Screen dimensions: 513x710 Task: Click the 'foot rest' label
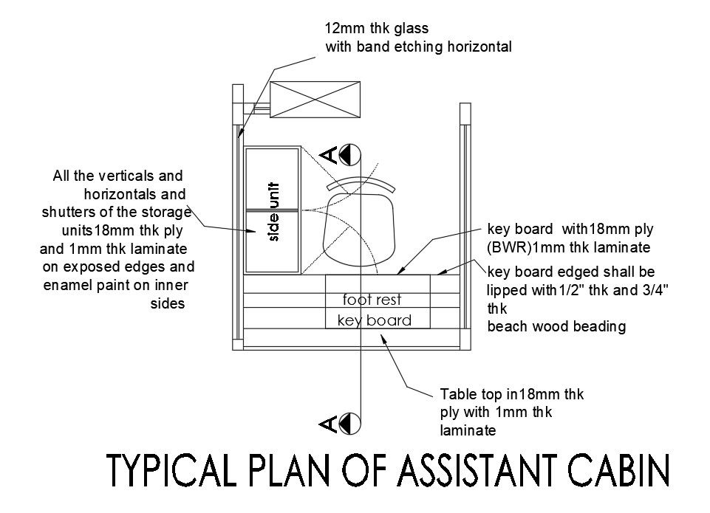[372, 300]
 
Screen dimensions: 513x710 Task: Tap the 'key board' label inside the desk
[374, 320]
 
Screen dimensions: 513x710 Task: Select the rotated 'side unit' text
[273, 212]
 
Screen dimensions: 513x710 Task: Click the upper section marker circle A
[350, 154]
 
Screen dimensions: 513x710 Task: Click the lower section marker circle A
[350, 423]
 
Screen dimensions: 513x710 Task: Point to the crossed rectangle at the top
[315, 99]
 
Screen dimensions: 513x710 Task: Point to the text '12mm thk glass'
[376, 29]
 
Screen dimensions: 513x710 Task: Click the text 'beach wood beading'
[556, 326]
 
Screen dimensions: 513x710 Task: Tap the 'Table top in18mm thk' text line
[511, 394]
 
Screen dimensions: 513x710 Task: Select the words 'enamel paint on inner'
[119, 285]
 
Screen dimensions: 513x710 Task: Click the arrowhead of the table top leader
[382, 337]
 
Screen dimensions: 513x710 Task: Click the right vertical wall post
[465, 225]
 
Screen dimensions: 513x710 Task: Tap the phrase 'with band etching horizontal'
[419, 47]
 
